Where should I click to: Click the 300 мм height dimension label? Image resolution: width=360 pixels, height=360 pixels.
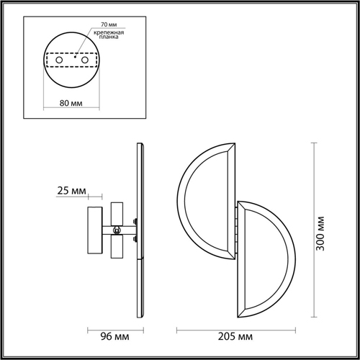coord(320,233)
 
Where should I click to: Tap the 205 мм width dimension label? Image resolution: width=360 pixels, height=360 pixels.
coord(235,336)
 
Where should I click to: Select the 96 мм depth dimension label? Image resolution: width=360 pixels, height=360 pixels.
coord(114,336)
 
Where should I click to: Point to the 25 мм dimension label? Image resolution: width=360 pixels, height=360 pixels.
coord(71,191)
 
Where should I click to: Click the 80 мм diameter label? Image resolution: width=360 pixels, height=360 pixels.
coord(71,103)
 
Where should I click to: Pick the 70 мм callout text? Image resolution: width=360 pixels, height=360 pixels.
coord(109,24)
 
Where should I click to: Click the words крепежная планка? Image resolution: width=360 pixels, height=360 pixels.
coord(109,35)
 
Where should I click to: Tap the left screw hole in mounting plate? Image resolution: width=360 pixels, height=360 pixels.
coord(59,60)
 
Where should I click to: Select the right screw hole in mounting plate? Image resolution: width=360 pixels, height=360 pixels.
coord(85,60)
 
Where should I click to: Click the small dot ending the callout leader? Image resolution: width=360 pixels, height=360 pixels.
coord(75,57)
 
